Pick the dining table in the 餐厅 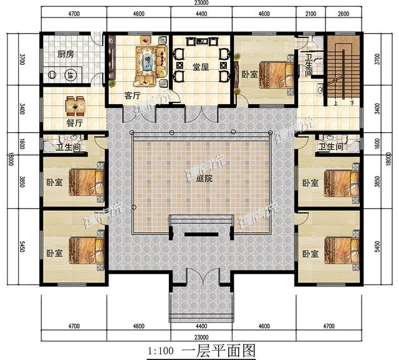75,106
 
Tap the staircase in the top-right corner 342,69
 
